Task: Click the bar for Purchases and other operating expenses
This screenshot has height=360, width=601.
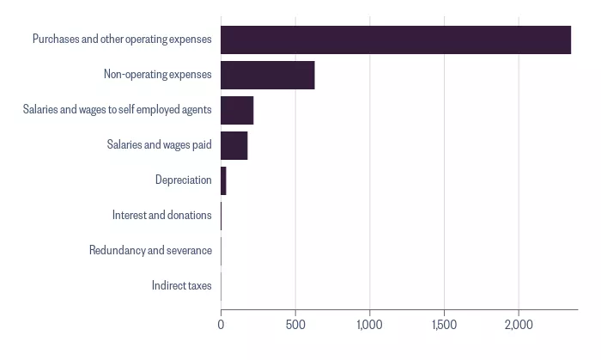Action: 396,40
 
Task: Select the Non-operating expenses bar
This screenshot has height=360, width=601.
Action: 268,75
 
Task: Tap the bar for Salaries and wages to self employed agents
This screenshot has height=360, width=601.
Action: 237,111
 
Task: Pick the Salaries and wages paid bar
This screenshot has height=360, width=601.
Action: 234,146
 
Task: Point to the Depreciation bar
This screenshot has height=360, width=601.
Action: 223,181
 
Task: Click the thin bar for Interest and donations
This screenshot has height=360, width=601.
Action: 222,217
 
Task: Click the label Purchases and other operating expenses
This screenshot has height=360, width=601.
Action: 122,40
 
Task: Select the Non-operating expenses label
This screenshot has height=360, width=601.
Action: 157,74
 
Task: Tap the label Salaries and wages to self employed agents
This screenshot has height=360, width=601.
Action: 118,109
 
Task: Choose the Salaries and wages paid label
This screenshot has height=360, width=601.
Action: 159,144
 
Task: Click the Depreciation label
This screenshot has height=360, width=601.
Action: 183,180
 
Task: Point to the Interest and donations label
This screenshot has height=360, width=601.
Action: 161,215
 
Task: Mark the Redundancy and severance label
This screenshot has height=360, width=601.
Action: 150,250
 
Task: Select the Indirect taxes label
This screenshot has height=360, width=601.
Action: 181,285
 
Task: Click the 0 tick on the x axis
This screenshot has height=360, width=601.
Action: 221,325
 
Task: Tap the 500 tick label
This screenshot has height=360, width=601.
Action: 295,325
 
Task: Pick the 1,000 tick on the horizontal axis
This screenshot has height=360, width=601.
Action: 369,325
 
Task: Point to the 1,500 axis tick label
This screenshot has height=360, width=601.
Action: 444,325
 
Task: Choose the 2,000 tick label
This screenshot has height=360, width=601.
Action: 519,325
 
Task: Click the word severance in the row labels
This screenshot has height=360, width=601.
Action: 189,250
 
